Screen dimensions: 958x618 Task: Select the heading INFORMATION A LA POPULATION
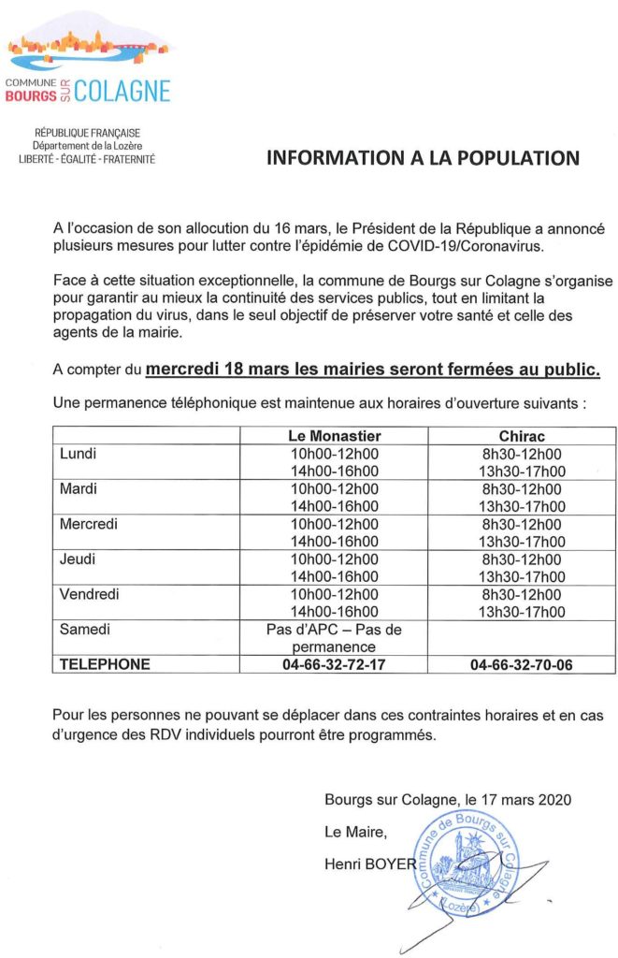pos(424,157)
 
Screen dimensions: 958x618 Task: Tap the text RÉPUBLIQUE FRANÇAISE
pos(87,134)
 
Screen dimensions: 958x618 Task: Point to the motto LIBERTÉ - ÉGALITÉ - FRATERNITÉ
pos(87,160)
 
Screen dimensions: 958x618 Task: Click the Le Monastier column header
pos(334,436)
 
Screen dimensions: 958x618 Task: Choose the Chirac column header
pos(522,436)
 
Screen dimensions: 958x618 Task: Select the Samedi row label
pos(85,630)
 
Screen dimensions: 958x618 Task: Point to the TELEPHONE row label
pos(105,664)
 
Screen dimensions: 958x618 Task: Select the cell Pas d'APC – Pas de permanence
pos(334,638)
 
